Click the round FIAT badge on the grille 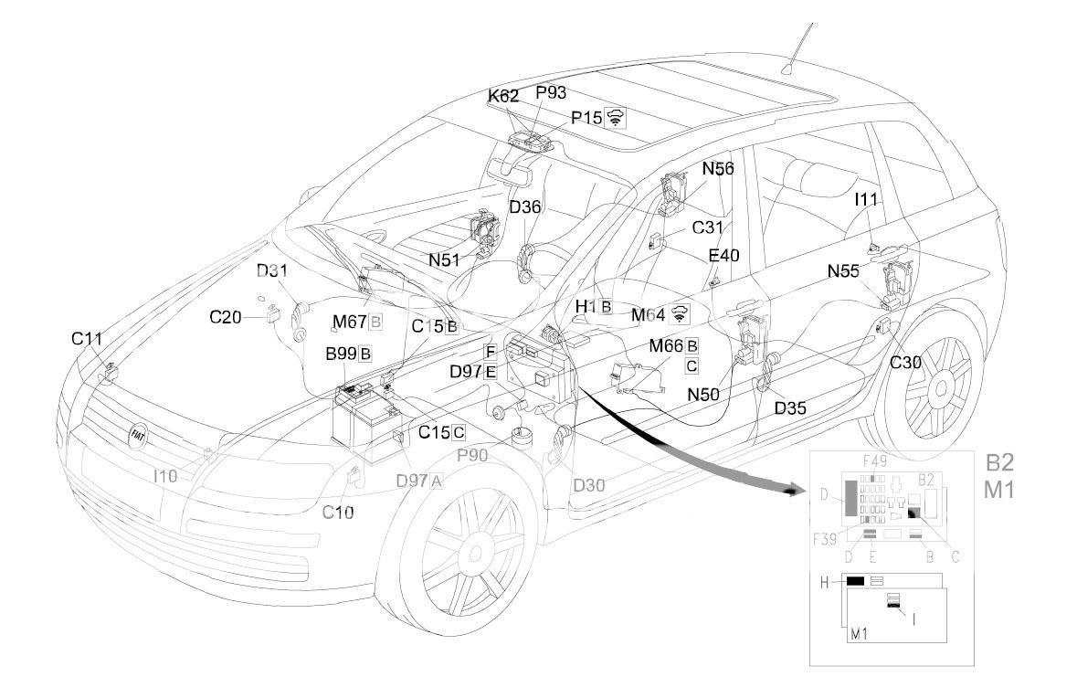[x=139, y=434]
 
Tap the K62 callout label [x=503, y=95]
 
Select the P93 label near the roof [x=553, y=92]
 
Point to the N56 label [x=718, y=168]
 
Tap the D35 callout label [x=790, y=407]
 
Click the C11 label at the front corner [x=88, y=339]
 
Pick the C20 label [x=226, y=318]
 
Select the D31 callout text [x=271, y=271]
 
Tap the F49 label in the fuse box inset [x=875, y=461]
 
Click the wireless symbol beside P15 [x=616, y=118]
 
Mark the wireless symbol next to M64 [x=679, y=313]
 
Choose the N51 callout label [x=445, y=259]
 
